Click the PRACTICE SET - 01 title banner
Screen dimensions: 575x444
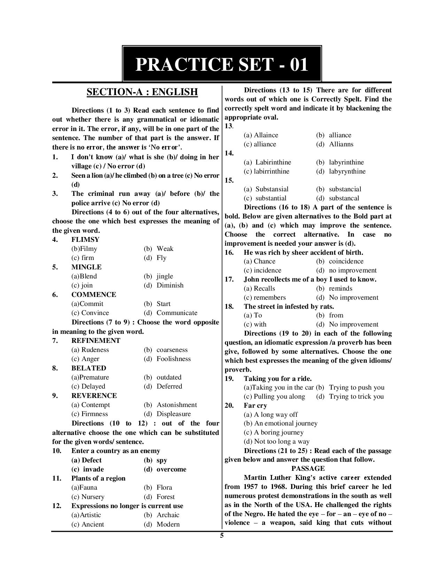pos(221,64)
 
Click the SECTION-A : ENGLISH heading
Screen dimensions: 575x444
pos(142,92)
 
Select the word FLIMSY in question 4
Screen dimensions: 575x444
pos(85,240)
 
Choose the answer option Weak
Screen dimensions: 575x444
pos(165,249)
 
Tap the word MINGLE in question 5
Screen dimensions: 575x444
pos(86,267)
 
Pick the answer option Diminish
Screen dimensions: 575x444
pos(170,285)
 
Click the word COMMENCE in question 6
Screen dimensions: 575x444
pos(94,295)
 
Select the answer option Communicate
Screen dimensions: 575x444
pos(177,313)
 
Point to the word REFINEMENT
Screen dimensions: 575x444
pos(96,341)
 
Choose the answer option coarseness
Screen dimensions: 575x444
pos(172,350)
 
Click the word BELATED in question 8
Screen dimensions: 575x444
pos(88,368)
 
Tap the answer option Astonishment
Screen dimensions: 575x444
pos(177,405)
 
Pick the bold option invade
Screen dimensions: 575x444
pos(93,469)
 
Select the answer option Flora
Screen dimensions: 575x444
pos(164,488)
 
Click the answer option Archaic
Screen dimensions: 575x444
pos(168,515)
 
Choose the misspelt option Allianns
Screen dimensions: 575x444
pos(341,144)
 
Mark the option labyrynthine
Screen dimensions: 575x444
pos(347,171)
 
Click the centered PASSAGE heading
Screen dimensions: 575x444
pos(308,469)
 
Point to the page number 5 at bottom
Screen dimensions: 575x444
pos(222,536)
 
